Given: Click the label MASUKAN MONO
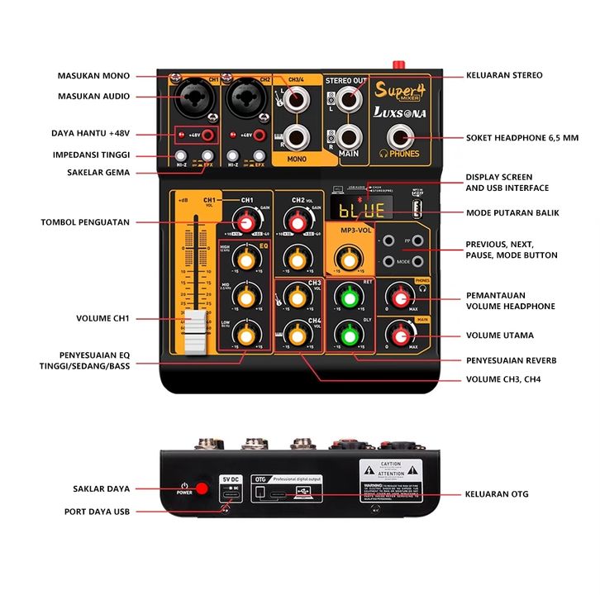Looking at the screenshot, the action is pos(94,75).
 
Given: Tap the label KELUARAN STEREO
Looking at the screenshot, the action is pos(504,75).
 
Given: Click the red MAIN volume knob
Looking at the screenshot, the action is pos(402,335).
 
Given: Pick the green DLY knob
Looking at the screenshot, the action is pos(346,335).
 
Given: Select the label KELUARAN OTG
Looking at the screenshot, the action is pos(497,494).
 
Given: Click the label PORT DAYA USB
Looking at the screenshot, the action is pos(98,512).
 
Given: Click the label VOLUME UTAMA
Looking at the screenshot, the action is pos(499,336).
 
